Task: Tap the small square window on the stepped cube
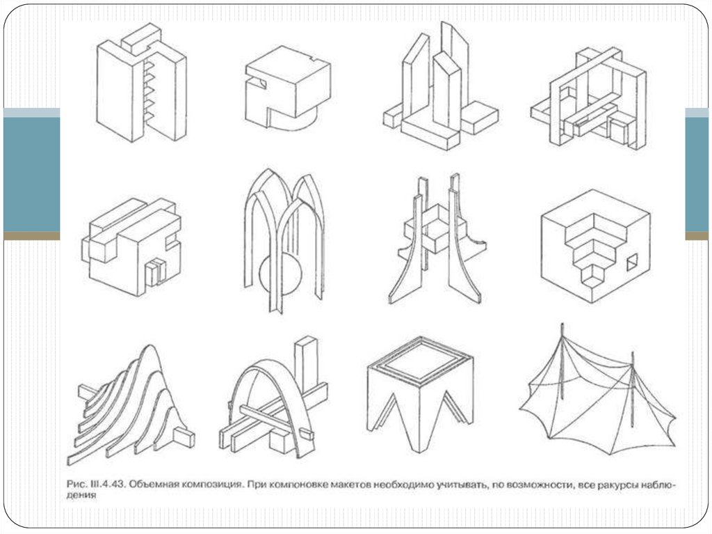[633, 264]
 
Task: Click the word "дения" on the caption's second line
[81, 496]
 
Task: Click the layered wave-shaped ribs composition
[131, 405]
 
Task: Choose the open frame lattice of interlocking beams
[589, 98]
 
